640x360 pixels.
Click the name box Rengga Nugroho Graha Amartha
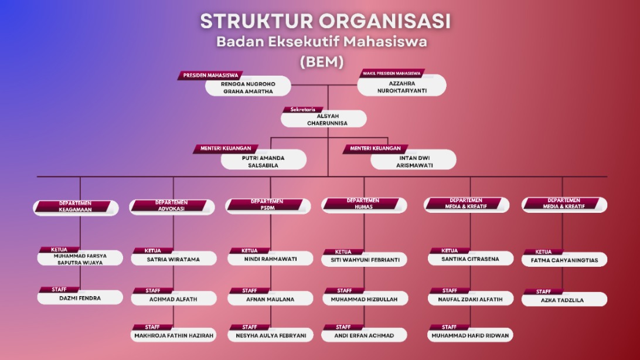(248, 87)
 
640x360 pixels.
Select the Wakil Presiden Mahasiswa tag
(392, 74)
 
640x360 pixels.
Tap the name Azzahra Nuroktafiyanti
(401, 87)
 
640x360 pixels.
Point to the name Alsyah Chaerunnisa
(324, 120)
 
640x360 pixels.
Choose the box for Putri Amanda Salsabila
(264, 161)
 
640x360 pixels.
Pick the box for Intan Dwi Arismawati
(413, 161)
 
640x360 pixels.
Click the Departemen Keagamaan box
(76, 207)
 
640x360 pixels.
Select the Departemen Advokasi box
(171, 206)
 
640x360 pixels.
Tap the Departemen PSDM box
(267, 205)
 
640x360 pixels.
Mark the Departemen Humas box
(363, 205)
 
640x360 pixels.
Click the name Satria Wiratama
(173, 259)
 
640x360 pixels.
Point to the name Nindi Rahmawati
(271, 259)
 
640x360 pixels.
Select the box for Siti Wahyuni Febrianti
(365, 260)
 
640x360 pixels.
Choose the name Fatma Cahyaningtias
(564, 260)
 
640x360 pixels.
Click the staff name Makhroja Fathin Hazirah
(173, 336)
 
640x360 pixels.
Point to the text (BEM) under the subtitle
(321, 62)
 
